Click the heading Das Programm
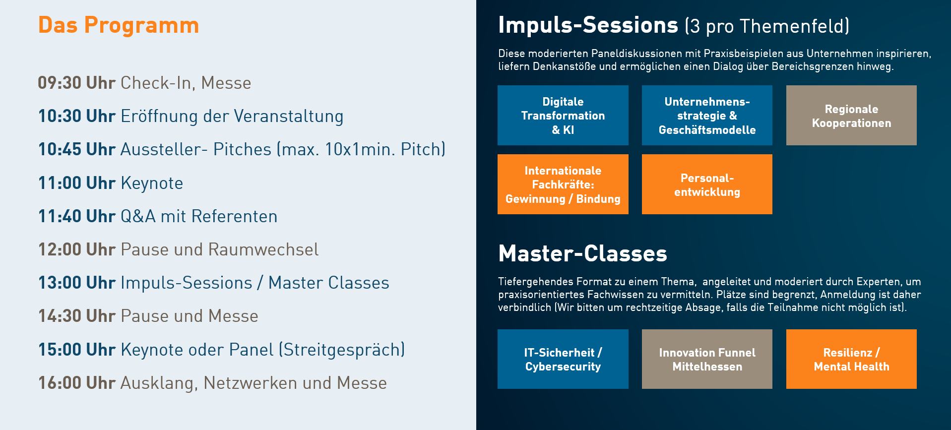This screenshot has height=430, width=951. coord(119,25)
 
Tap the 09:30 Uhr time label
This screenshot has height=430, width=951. coord(77,83)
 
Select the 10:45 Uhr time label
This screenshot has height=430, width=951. coord(77,149)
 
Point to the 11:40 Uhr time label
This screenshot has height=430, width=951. coord(77,216)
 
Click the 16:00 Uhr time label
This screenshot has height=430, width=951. coord(77,383)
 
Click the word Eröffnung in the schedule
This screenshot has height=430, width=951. coord(159,117)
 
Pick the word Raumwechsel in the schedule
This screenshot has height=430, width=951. coord(263,249)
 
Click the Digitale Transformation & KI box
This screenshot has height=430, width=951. coord(563,115)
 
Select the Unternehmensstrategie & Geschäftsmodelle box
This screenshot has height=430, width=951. coord(707,115)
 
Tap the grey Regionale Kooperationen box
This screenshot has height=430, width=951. coord(851,115)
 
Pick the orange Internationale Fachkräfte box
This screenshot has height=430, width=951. coord(563,184)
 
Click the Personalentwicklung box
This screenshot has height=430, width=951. coord(707,184)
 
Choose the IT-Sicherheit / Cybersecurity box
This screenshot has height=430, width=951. coord(563,359)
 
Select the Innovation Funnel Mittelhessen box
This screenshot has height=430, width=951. coord(707,359)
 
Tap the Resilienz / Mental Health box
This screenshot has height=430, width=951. coord(851,359)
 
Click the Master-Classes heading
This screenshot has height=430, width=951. coord(583,253)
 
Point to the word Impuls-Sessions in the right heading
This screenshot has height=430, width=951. coord(588,26)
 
